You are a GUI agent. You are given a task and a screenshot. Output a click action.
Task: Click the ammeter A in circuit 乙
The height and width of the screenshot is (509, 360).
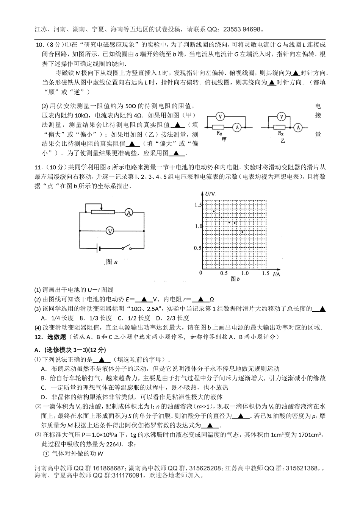pyautogui.click(x=298, y=128)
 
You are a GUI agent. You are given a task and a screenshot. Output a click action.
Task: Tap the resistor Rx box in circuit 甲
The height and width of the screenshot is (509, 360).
pyautogui.click(x=218, y=128)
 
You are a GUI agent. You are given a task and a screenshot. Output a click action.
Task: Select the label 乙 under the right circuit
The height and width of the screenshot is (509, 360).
pyautogui.click(x=282, y=141)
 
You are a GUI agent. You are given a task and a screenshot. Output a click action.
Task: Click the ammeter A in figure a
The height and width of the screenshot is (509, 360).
pyautogui.click(x=129, y=213)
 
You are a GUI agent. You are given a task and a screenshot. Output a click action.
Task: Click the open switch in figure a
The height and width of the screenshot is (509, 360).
pyautogui.click(x=127, y=248)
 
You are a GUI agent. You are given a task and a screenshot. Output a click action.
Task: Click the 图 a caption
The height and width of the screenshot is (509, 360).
pyautogui.click(x=112, y=262)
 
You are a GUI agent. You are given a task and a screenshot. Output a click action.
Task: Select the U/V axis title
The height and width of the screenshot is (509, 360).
pyautogui.click(x=210, y=194)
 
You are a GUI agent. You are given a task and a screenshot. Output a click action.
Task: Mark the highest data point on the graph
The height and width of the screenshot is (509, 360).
pyautogui.click(x=214, y=211)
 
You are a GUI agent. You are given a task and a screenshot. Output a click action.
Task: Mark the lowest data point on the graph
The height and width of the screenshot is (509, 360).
pyautogui.click(x=242, y=231)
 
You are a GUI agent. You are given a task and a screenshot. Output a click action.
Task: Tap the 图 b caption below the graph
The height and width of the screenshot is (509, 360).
pyautogui.click(x=235, y=279)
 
